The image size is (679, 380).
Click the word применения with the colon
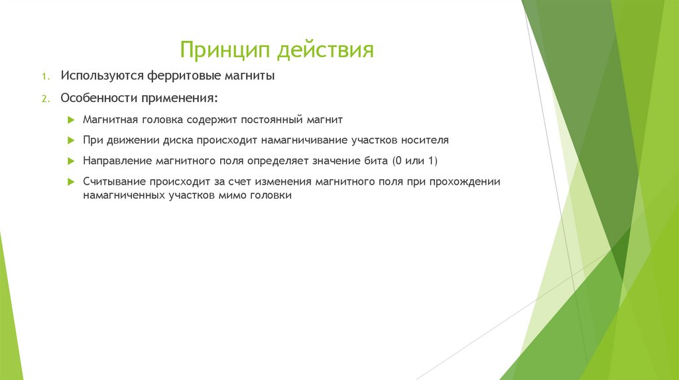point(178,98)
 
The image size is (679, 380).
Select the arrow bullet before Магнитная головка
point(71,120)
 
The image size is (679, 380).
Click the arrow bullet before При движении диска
point(71,140)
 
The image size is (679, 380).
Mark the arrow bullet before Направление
point(71,161)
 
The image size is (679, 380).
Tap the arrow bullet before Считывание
point(71,181)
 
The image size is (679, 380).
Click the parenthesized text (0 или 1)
point(415,161)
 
